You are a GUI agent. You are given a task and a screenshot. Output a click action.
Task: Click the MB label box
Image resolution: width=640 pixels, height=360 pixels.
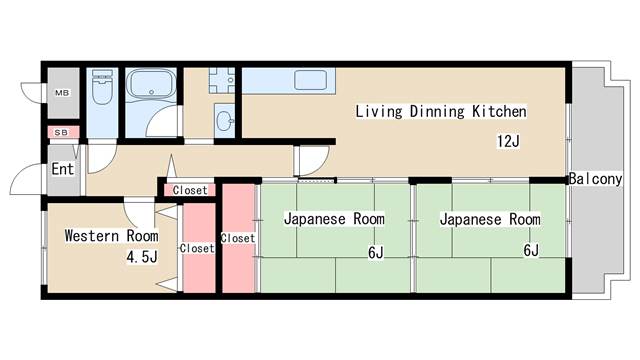62,93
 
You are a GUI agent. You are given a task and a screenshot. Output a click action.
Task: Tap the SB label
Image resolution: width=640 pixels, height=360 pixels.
62,132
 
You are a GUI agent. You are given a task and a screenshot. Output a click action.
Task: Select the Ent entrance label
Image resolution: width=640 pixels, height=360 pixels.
62,169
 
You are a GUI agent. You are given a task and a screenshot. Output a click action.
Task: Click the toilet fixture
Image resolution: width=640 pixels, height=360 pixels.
102,92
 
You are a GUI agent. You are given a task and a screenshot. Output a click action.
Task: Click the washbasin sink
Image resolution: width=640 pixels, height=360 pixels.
224,122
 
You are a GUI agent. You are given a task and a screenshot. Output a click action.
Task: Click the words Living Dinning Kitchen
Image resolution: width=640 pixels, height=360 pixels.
440,111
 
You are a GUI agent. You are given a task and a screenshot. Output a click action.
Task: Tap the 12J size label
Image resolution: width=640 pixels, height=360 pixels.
508,141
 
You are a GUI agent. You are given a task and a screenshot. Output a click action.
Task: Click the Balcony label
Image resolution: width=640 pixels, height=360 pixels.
597,180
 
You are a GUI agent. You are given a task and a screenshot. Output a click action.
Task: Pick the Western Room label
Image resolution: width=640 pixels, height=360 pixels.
111,236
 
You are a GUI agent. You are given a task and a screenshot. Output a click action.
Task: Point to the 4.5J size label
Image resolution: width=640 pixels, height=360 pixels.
141,257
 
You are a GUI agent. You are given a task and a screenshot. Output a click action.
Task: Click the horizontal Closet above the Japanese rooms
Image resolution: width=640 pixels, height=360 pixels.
190,190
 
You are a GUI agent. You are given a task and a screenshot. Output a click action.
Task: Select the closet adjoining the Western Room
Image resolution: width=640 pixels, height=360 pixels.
197,248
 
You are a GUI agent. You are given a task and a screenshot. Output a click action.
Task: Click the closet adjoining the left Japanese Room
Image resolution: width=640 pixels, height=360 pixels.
237,238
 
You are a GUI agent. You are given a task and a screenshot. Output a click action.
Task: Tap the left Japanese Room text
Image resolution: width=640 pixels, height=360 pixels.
334,219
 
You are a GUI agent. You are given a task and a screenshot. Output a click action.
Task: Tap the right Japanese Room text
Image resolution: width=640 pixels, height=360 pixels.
490,219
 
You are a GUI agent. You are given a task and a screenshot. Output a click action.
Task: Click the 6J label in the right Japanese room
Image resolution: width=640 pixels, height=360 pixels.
530,251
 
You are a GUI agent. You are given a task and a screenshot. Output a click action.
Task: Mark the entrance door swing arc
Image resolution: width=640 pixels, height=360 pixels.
22,185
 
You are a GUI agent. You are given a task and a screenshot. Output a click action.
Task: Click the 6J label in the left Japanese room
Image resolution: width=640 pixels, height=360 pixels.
375,252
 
